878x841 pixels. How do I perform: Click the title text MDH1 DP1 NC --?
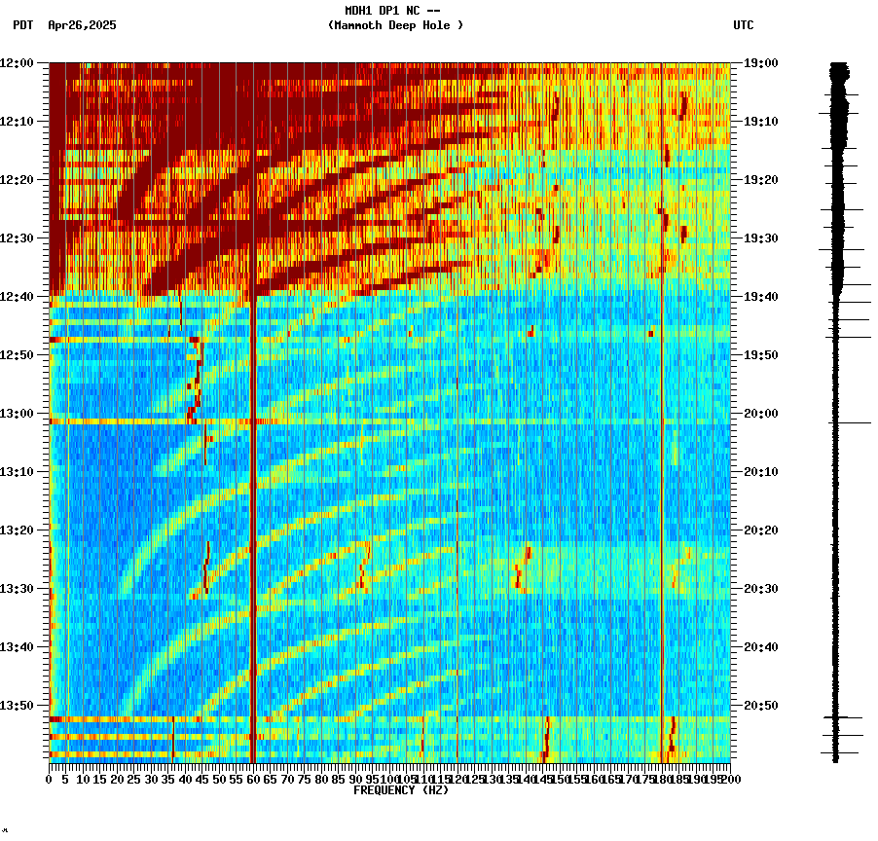click(393, 11)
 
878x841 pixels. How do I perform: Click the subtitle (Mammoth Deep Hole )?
click(395, 25)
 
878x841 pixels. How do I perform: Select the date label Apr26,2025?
click(82, 25)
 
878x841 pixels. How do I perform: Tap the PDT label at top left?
click(22, 25)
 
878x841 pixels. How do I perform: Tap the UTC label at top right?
click(744, 25)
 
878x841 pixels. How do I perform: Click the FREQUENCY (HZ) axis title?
click(401, 790)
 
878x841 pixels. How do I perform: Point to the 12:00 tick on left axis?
click(18, 62)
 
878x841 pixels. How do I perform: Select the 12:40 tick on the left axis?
click(18, 296)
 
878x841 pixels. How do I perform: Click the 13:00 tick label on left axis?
click(18, 413)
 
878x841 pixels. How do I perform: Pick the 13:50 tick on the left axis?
click(18, 705)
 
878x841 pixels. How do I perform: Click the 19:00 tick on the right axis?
click(761, 62)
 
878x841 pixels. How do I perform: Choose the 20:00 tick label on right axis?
click(761, 413)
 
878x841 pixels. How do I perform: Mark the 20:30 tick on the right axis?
click(761, 588)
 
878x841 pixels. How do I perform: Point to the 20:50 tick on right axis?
click(761, 705)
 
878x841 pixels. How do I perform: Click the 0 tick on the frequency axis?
click(50, 780)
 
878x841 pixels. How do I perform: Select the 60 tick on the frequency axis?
click(253, 780)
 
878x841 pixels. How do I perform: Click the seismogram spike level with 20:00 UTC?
click(850, 422)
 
